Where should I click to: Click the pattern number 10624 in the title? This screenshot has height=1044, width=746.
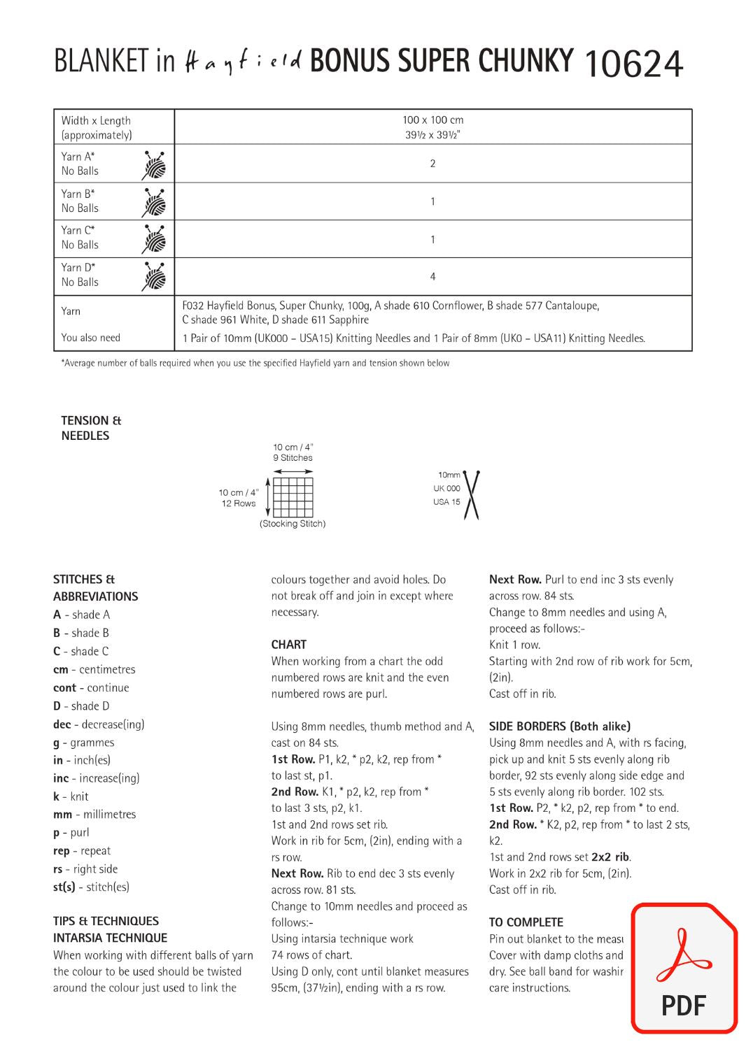tap(632, 65)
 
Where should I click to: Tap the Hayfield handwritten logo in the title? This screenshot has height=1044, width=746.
tap(243, 63)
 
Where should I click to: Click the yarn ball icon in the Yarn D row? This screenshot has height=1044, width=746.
tap(154, 276)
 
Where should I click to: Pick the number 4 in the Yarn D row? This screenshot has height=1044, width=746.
tap(432, 276)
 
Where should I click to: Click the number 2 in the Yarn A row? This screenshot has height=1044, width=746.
tap(432, 164)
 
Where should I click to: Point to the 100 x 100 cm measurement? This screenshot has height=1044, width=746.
tap(432, 120)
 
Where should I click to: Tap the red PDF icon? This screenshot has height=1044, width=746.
tap(684, 969)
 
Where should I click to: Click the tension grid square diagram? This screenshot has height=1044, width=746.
tap(293, 497)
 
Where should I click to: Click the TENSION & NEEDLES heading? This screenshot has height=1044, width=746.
tap(90, 428)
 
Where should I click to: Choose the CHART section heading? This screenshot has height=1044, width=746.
tap(288, 645)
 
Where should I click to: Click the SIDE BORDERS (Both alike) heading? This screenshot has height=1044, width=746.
tap(559, 726)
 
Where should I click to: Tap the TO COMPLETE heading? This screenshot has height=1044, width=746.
tap(526, 922)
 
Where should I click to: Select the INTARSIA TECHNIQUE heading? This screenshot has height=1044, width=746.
tap(110, 938)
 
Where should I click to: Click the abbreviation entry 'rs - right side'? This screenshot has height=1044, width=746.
tap(85, 869)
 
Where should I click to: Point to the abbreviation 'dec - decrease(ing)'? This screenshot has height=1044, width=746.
tap(99, 724)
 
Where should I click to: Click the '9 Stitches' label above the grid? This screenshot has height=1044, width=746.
tap(293, 458)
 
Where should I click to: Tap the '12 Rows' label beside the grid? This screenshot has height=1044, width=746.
tap(239, 503)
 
